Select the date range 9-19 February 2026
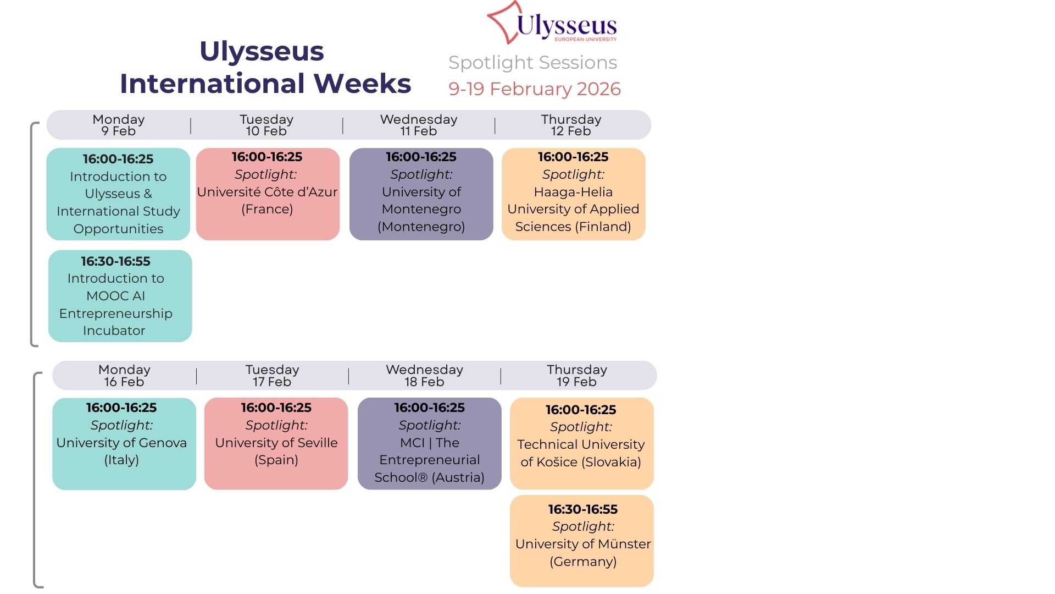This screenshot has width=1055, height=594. pos(534,89)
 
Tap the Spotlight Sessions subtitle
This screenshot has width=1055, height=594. pos(532,63)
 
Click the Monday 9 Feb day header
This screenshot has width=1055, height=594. pos(118,125)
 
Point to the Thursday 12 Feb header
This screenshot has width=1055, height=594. pos(571,125)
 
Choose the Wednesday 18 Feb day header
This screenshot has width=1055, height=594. pos(424,376)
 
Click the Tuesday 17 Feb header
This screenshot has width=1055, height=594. pos(272,376)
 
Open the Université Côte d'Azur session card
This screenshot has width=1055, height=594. pos(268,194)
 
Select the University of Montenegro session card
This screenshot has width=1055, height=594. pos(421,194)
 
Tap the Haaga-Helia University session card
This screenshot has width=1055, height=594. pos(573,194)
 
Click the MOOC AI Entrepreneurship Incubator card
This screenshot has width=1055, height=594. pos(120,296)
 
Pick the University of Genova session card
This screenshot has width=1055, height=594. pos(124,443)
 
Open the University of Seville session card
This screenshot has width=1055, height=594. pos(276,443)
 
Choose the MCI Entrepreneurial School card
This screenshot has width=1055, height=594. pos(429,443)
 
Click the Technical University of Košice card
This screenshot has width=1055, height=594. pos(581,443)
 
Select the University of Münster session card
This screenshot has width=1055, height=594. pos(581,541)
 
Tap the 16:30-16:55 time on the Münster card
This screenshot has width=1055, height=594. pos(582,509)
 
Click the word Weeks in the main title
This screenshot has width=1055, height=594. pos(363,84)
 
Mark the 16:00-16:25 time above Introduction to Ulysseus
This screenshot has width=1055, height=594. pos(118,159)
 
